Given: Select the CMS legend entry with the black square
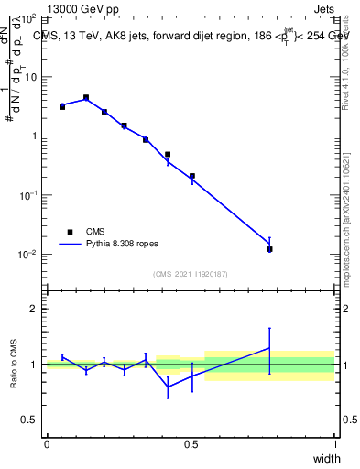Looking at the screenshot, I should click(x=84, y=232).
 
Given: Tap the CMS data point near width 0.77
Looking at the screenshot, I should click(x=269, y=249).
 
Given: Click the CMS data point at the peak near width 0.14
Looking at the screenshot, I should click(x=86, y=97).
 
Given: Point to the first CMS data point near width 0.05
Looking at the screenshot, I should click(x=62, y=107).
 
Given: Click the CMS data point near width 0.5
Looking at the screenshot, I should click(x=192, y=176).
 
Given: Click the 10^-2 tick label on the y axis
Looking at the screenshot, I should click(x=27, y=255).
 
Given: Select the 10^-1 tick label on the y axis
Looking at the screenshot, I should click(x=27, y=196).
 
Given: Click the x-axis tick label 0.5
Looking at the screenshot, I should click(x=191, y=444).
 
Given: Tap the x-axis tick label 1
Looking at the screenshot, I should click(x=334, y=444).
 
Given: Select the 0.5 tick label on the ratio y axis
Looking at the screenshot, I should click(x=29, y=420).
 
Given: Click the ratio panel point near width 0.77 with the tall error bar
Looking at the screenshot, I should click(x=269, y=348).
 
